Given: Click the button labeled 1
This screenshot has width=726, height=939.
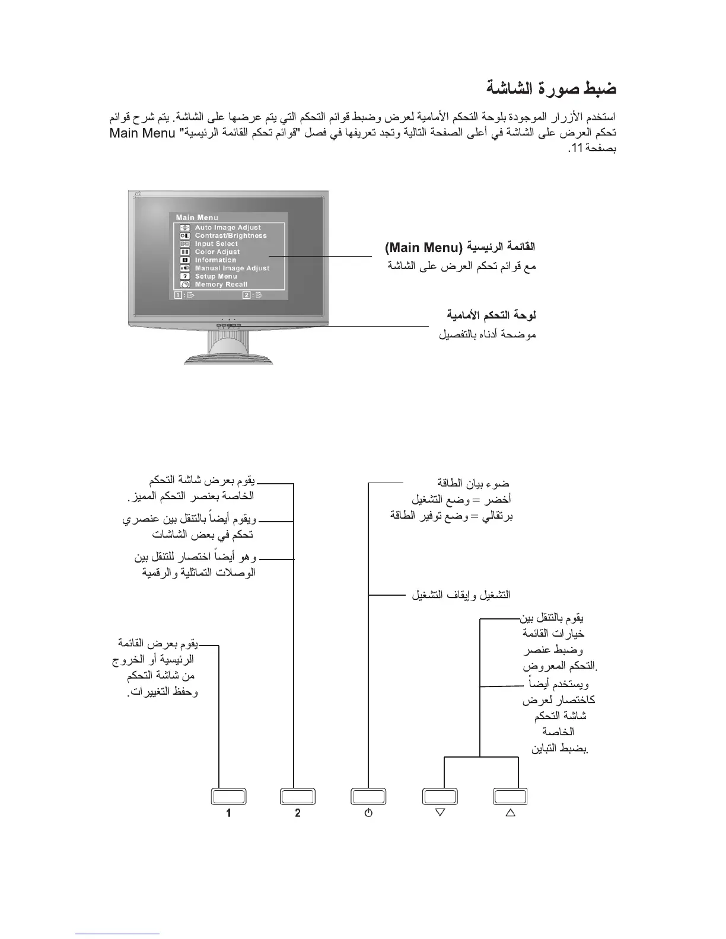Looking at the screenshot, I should [228, 796].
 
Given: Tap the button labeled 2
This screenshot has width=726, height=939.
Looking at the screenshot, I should [298, 796].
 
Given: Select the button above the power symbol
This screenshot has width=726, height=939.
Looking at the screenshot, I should [368, 796].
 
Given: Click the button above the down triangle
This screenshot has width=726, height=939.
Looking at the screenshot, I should [440, 796].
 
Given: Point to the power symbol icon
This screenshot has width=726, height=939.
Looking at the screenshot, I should [368, 813].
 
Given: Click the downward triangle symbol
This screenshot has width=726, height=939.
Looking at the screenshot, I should [440, 812].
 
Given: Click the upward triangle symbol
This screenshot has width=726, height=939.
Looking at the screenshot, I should [510, 812].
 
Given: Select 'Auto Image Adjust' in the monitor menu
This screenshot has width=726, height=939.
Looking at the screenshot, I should [228, 228].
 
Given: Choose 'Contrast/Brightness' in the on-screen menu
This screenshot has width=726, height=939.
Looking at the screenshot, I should [231, 235].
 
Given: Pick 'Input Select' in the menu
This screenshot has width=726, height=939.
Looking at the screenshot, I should [216, 244].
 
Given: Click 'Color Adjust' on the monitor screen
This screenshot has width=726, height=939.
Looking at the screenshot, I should [217, 252].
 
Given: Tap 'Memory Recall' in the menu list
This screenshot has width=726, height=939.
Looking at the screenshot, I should [221, 285].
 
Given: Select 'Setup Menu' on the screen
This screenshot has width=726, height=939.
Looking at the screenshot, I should [216, 276].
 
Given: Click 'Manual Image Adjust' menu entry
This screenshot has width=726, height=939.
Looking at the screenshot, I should [232, 268].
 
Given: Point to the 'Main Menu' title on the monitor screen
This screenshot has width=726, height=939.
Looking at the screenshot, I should [197, 218].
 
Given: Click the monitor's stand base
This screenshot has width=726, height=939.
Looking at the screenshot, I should [229, 359].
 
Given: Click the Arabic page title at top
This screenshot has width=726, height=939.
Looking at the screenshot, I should [551, 89].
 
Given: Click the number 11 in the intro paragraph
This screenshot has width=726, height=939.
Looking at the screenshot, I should [574, 148].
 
